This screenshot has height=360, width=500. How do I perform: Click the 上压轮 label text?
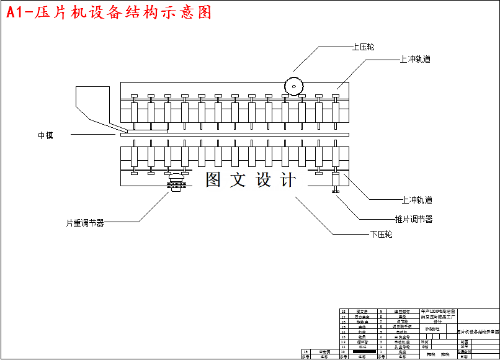[363, 47]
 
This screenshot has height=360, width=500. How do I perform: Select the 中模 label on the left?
[45, 135]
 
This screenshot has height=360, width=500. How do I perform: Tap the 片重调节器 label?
[85, 222]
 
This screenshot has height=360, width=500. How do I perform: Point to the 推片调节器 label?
[414, 219]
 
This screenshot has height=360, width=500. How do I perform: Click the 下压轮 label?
[381, 235]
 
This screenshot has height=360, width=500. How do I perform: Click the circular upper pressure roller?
[292, 86]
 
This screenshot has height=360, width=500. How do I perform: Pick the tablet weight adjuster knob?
[177, 182]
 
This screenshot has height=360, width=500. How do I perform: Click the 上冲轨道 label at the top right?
[415, 60]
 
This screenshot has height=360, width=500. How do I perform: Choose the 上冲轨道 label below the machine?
[417, 200]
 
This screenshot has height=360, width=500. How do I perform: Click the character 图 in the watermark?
[213, 180]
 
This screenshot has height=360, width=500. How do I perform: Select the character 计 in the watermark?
[288, 180]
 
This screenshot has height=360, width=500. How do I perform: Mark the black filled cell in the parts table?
[364, 352]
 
